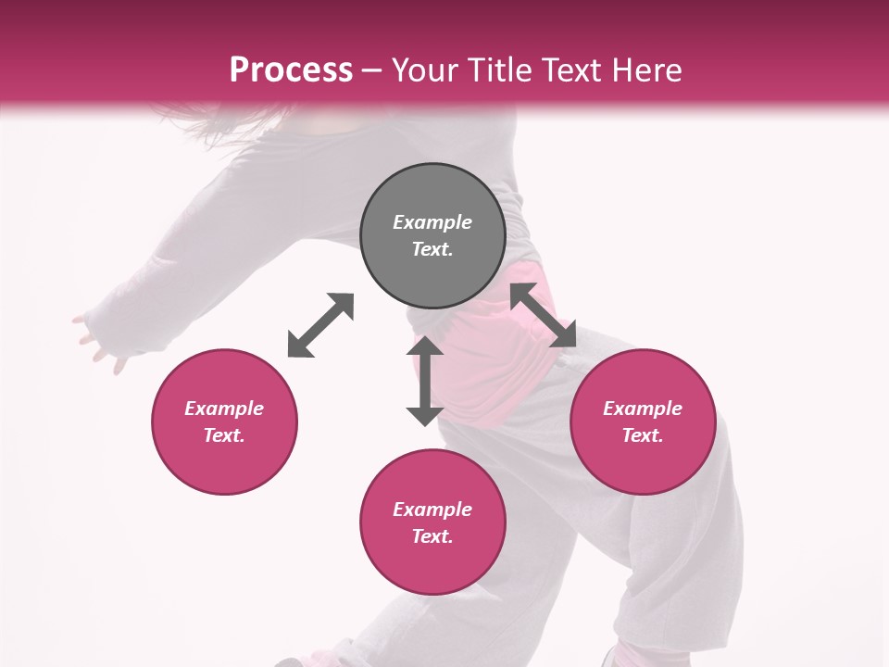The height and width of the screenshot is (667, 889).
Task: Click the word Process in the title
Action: pos(291,70)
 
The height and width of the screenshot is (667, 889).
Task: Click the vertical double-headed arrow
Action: pos(425,381)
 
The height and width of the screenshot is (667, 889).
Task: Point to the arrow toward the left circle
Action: pos(320,325)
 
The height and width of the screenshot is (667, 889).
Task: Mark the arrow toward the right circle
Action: pos(543,315)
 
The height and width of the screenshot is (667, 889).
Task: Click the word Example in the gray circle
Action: pos(432,222)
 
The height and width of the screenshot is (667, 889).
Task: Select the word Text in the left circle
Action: pos(224,435)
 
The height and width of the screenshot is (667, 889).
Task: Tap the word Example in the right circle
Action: pos(643,409)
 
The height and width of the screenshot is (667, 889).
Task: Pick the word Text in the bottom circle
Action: pos(432,536)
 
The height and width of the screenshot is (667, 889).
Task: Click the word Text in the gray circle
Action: pos(432,249)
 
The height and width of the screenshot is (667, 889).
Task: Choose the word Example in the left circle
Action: pos(224,409)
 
